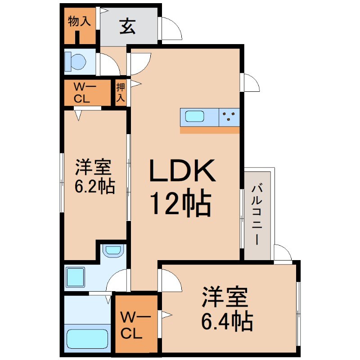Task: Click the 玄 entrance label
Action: coord(127,27)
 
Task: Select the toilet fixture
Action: coord(75,61)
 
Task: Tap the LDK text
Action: coord(182,171)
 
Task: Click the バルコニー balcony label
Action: coord(257,213)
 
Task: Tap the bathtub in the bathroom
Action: coord(87,337)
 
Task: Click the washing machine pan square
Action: coord(76,277)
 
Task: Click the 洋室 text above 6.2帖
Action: coord(93,168)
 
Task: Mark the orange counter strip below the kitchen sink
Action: coord(210,130)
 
